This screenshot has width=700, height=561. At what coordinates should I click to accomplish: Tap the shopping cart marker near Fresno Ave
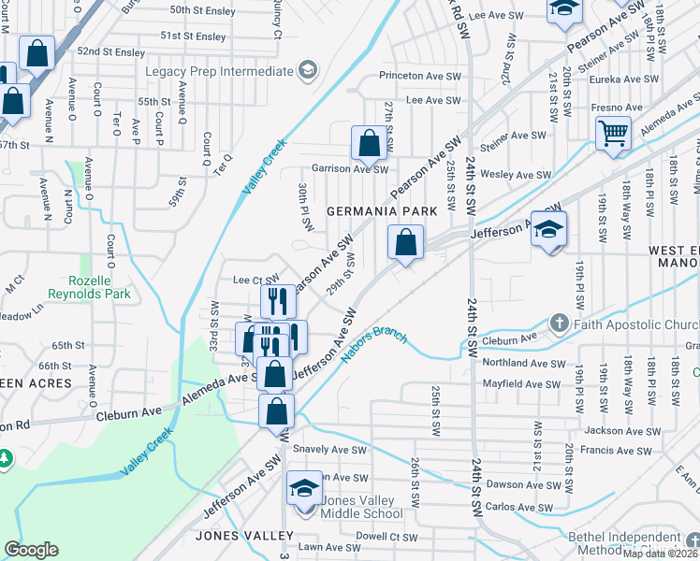click(x=613, y=133)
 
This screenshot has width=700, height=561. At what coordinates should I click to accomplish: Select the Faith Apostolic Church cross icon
click(x=560, y=324)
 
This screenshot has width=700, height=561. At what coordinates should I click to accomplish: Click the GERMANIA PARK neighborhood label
click(x=382, y=212)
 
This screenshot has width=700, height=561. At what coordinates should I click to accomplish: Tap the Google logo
click(x=31, y=550)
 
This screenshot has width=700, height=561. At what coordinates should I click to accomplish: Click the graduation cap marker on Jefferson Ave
click(x=549, y=229)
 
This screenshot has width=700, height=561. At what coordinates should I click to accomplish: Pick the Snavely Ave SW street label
click(x=330, y=450)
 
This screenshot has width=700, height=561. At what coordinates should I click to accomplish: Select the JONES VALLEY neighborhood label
click(x=244, y=537)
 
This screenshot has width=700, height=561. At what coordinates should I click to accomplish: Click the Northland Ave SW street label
click(x=524, y=363)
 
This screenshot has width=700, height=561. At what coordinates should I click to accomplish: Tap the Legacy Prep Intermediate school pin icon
click(x=306, y=71)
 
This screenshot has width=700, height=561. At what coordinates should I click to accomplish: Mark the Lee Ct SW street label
click(x=255, y=280)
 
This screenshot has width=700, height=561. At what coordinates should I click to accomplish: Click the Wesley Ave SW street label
click(x=516, y=175)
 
